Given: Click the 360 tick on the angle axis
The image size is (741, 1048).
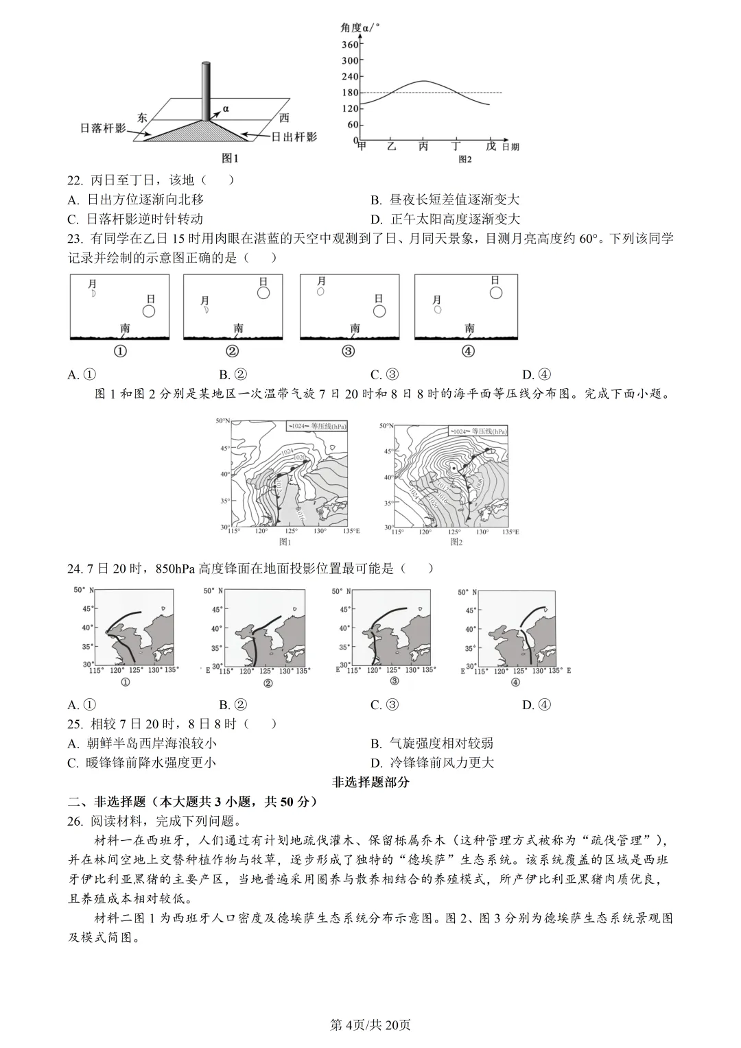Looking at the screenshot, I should coord(350,45).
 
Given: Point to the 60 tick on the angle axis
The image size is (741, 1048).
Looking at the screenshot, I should coord(353,125).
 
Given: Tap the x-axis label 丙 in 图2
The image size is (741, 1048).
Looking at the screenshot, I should coord(423,147).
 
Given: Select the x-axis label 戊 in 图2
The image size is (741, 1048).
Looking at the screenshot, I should coord(490,147).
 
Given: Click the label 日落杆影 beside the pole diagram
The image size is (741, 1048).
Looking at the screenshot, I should coord(103,128).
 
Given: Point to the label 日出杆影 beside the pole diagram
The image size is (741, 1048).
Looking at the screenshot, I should coord(294,136).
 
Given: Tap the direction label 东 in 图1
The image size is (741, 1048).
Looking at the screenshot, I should coord(142,117).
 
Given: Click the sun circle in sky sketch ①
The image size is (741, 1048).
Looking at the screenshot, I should coord(149,311).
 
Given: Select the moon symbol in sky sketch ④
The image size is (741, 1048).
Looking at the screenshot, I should coord(437,310).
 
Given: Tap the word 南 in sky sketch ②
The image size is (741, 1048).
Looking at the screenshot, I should coord(238,329).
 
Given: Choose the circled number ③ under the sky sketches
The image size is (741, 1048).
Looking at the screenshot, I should coord(349,351).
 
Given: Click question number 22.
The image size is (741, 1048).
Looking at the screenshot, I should coord(75,180).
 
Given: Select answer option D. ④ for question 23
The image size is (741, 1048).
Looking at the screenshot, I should coord(537,374).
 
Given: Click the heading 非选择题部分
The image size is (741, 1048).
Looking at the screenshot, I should coord(370,782).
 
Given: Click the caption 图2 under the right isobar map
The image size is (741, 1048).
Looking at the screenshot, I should coord(456,542).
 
